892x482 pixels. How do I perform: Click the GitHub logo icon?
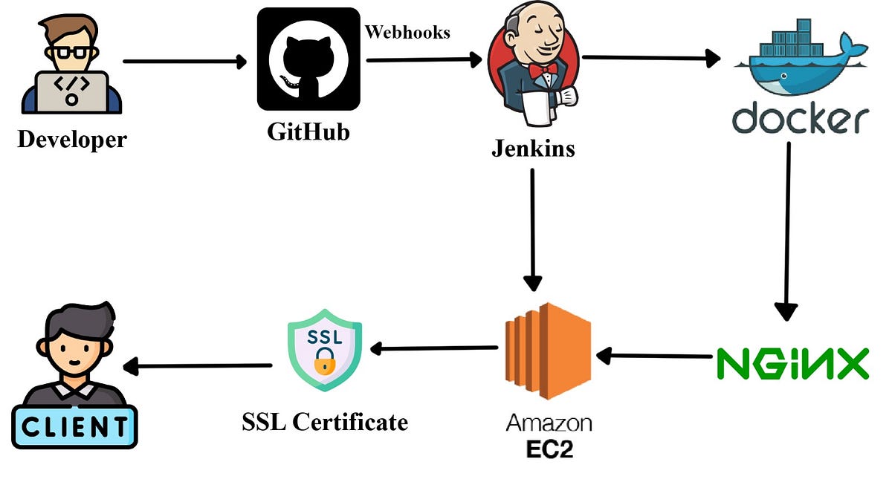(x=308, y=59)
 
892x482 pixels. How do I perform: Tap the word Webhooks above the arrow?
(x=407, y=33)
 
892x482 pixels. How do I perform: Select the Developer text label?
(x=72, y=140)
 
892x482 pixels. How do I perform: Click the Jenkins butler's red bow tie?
(x=548, y=68)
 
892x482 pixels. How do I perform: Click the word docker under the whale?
(x=800, y=119)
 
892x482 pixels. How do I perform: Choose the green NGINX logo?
(x=792, y=363)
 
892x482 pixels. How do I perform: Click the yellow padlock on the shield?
(x=324, y=365)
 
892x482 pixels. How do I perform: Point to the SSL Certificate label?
(x=325, y=422)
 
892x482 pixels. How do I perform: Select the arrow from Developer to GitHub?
(x=184, y=62)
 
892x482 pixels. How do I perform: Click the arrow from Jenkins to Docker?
(x=651, y=57)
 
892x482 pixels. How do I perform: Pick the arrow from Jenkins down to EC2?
(x=532, y=230)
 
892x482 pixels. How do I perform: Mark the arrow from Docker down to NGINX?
(x=786, y=230)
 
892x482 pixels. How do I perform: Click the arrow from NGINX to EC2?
(x=654, y=356)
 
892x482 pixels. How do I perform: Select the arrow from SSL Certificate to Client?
(x=197, y=365)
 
